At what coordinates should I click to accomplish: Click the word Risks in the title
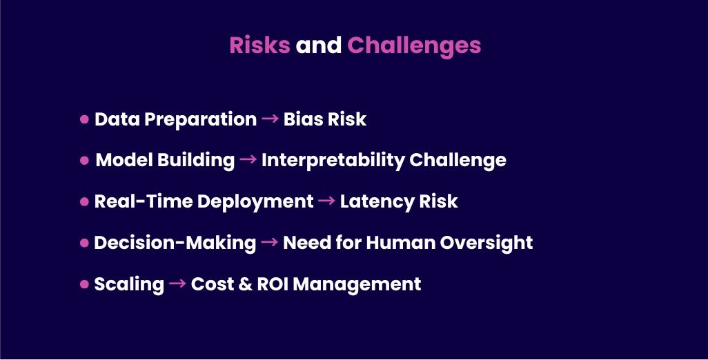coord(259,45)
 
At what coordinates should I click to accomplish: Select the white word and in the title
coord(318,45)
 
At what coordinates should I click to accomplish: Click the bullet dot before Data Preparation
coord(84,119)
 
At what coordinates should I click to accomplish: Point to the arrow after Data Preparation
coord(270,119)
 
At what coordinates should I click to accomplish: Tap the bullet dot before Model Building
coord(84,160)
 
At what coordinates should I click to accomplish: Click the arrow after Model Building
coord(248,159)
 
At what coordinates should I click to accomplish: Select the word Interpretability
coord(333,161)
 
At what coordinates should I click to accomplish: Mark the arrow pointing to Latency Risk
coord(326,200)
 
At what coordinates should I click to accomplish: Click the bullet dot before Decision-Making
coord(84,243)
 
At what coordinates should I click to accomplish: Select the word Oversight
coord(486,243)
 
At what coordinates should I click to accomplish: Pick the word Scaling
coord(129,285)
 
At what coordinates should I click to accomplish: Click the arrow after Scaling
coord(177,283)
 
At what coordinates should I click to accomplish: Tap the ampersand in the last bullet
coord(245,283)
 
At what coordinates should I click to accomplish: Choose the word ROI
coord(273,283)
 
